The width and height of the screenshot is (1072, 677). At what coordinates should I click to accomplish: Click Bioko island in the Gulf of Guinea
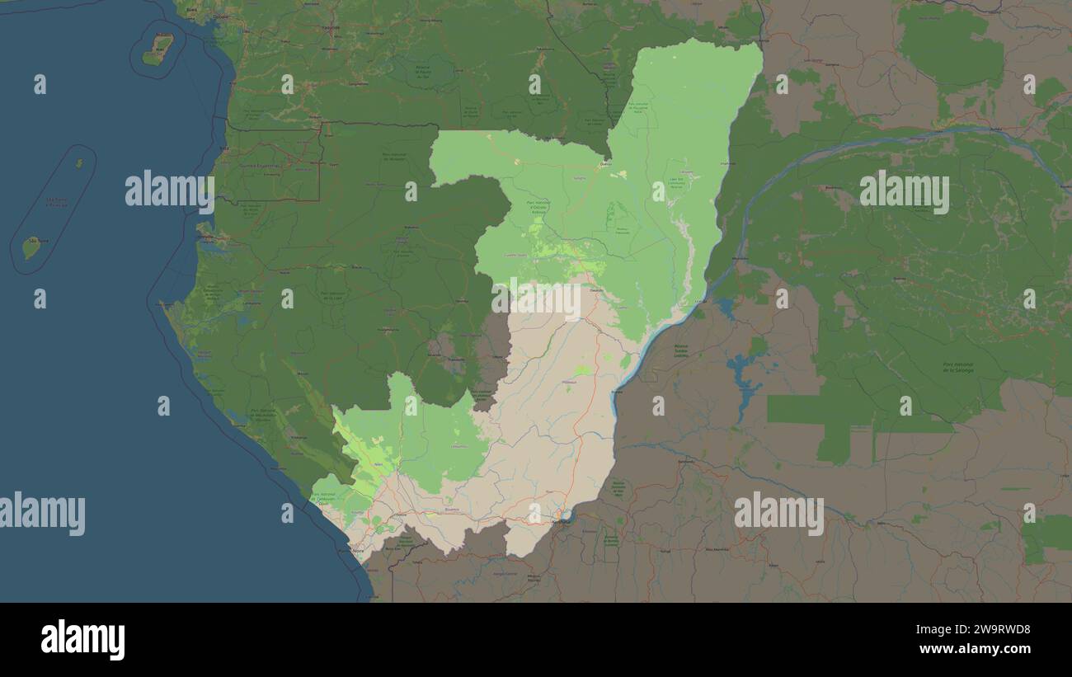tap(158, 49)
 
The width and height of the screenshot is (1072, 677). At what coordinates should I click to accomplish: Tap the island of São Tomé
tap(31, 247)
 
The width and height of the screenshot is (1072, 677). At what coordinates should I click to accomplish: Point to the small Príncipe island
tap(79, 163)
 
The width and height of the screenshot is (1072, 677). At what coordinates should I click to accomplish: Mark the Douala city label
tap(221, 16)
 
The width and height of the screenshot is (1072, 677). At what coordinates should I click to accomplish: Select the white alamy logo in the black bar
tap(82, 640)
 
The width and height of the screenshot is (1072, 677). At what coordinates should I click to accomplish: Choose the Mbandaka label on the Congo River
tap(740, 257)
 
